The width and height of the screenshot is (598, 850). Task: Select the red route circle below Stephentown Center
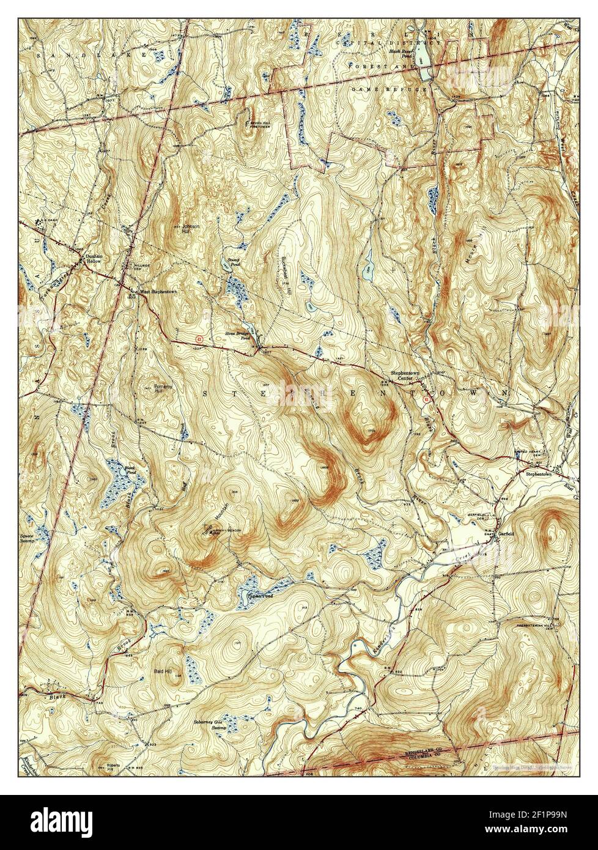point(426,398)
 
